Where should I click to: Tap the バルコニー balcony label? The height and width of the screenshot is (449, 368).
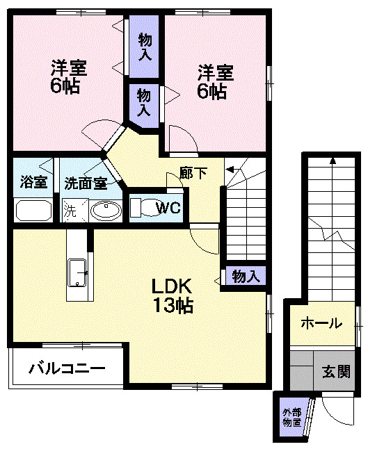(x=66, y=368)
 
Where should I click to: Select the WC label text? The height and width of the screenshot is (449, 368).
(x=167, y=206)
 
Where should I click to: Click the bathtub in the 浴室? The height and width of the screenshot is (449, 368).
(x=33, y=211)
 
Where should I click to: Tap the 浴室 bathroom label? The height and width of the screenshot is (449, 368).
(x=33, y=183)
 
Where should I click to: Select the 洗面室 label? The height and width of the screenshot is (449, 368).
(x=86, y=183)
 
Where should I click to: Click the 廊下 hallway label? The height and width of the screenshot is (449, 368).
(x=193, y=173)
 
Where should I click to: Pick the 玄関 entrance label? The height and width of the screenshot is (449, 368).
(x=335, y=370)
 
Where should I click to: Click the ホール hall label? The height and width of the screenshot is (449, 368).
(x=321, y=323)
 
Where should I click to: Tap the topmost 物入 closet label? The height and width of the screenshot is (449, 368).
(x=145, y=46)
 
